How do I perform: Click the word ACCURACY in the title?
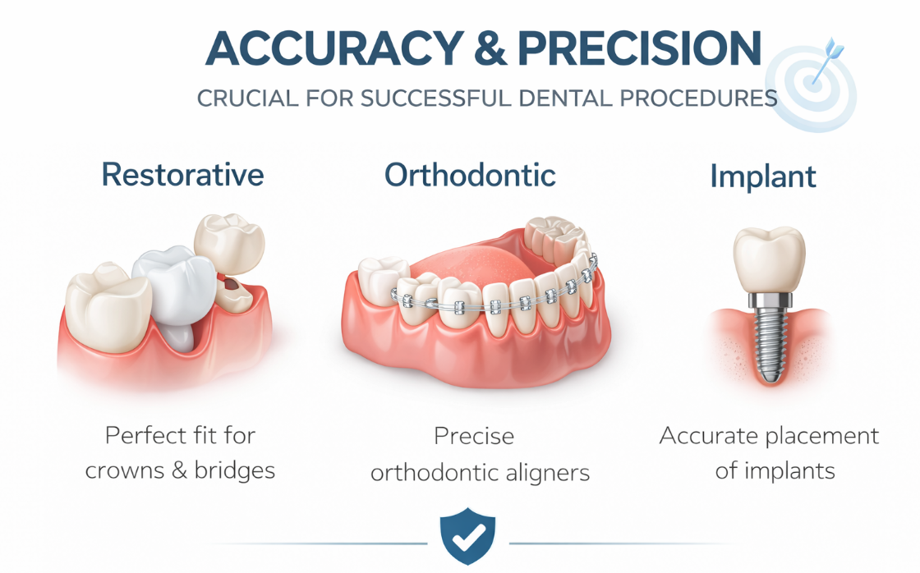(x=335, y=48)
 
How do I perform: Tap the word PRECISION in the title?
(x=640, y=48)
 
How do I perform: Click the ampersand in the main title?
(x=490, y=48)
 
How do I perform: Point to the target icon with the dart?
(x=812, y=85)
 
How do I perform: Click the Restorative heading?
(x=182, y=175)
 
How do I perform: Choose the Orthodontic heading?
(x=470, y=175)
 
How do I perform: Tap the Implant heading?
(x=763, y=176)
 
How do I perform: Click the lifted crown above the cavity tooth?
(x=229, y=243)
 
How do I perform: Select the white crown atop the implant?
(x=770, y=259)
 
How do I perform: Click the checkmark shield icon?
(x=467, y=536)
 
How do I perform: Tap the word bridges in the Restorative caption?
(x=235, y=470)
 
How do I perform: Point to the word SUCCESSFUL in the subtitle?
(x=436, y=99)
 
